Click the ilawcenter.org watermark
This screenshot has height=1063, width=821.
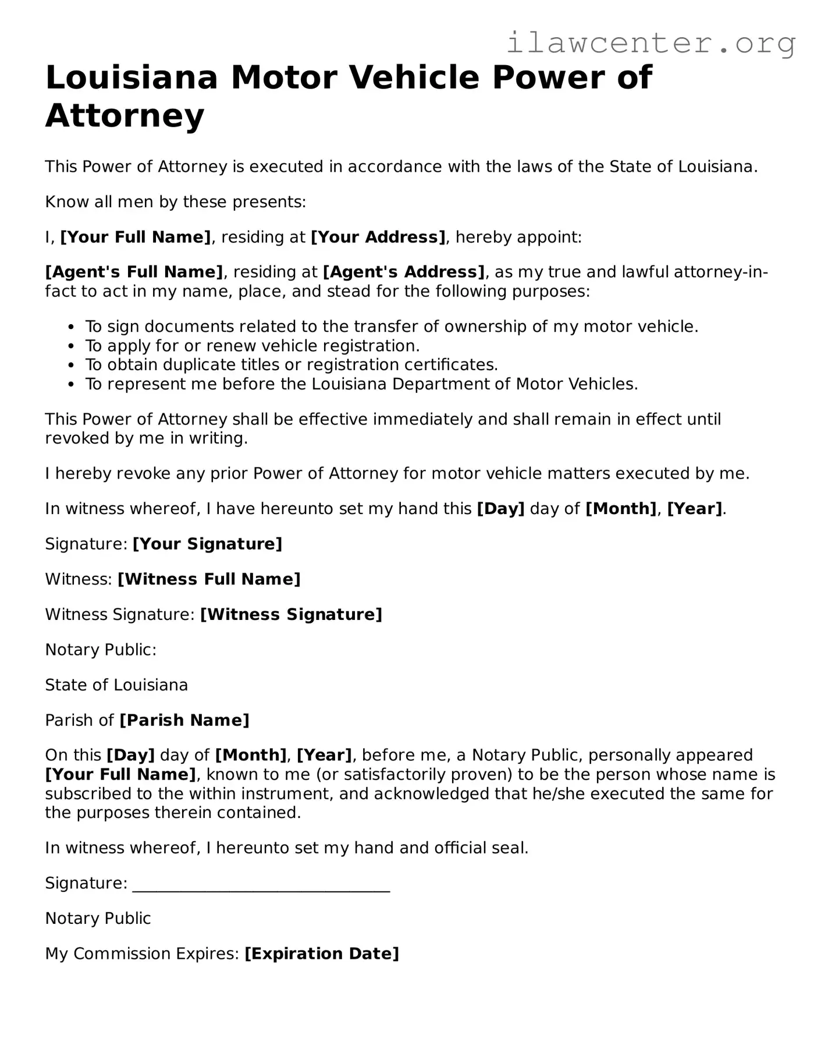pyautogui.click(x=651, y=43)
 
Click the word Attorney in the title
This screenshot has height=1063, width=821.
pyautogui.click(x=125, y=115)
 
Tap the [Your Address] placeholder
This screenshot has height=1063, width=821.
pyautogui.click(x=378, y=238)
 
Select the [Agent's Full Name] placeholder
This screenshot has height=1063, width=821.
pyautogui.click(x=134, y=272)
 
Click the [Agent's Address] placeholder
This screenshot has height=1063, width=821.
pyautogui.click(x=404, y=272)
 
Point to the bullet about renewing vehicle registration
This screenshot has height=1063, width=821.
pyautogui.click(x=252, y=346)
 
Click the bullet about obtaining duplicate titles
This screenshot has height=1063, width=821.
pyautogui.click(x=291, y=365)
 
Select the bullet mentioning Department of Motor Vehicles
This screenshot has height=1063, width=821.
pyautogui.click(x=361, y=384)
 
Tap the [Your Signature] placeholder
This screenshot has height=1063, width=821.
pyautogui.click(x=207, y=544)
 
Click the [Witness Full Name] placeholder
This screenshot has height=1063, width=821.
pyautogui.click(x=209, y=579)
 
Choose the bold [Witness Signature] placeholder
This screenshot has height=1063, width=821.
pyautogui.click(x=291, y=615)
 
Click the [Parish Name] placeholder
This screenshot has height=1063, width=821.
pyautogui.click(x=184, y=721)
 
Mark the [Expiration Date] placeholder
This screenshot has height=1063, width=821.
pyautogui.click(x=322, y=954)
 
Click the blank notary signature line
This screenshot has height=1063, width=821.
pyautogui.click(x=261, y=885)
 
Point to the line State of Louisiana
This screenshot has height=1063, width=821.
pyautogui.click(x=116, y=685)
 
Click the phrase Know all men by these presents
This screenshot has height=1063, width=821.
pyautogui.click(x=175, y=203)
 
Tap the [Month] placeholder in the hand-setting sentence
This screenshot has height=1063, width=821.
pyautogui.click(x=621, y=509)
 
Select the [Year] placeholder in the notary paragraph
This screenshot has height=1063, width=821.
pyautogui.click(x=324, y=756)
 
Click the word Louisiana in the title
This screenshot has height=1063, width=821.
pyautogui.click(x=131, y=78)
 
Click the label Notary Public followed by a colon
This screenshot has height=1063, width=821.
pyautogui.click(x=101, y=650)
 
